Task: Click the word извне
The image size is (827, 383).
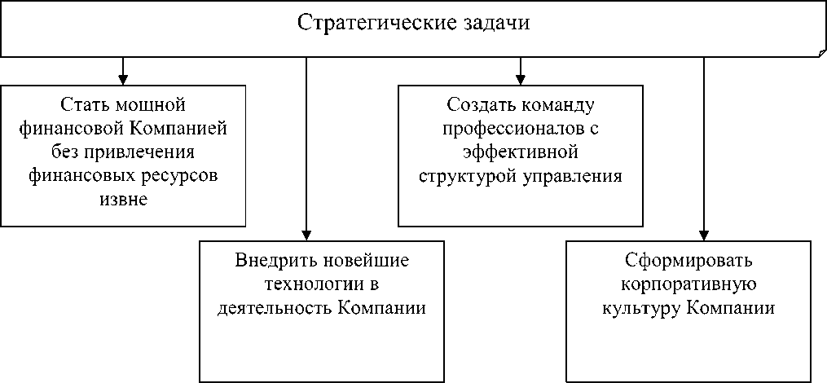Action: tap(123, 199)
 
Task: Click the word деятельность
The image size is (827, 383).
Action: tap(271, 308)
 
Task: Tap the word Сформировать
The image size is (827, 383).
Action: tap(689, 261)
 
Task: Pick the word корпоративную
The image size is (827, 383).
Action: tap(689, 284)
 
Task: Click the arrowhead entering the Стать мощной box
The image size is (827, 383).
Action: tap(123, 80)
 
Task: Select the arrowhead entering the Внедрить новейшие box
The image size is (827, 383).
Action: tap(306, 235)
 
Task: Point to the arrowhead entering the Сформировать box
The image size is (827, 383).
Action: tap(704, 235)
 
